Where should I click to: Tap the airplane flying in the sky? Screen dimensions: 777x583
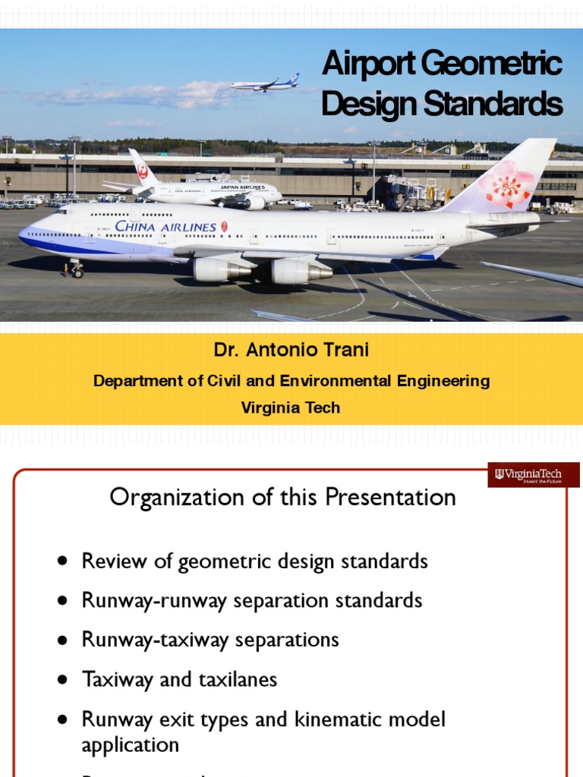[x=265, y=83]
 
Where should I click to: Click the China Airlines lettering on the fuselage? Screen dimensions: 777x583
[x=165, y=226]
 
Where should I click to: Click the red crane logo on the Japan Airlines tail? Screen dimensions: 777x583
[x=141, y=171]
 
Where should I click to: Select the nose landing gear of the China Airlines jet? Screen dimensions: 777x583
[x=74, y=268]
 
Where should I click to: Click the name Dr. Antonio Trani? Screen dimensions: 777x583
[x=291, y=352]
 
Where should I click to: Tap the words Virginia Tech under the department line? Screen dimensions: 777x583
[x=291, y=407]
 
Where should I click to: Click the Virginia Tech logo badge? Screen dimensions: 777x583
[x=534, y=475]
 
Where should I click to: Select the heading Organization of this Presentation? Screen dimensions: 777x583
[x=282, y=498]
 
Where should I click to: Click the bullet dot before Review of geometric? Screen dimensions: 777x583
[x=63, y=562]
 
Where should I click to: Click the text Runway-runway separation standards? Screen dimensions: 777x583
[x=251, y=601]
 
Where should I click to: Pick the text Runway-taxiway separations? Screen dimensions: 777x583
[x=210, y=640]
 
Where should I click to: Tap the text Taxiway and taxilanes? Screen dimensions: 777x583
[x=179, y=679]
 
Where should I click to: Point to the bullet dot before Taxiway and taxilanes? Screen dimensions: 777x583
[x=63, y=679]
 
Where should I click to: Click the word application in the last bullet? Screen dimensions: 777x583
[x=130, y=744]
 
